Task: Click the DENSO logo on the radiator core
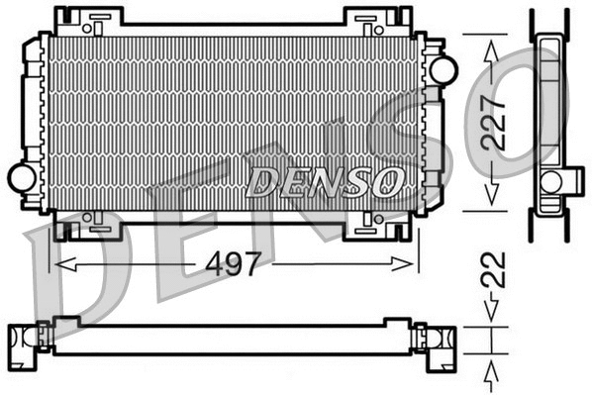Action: coord(326,181)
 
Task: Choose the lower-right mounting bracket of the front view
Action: coord(375,227)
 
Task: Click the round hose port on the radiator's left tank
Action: coord(21,178)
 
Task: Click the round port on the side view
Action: coord(550,181)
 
